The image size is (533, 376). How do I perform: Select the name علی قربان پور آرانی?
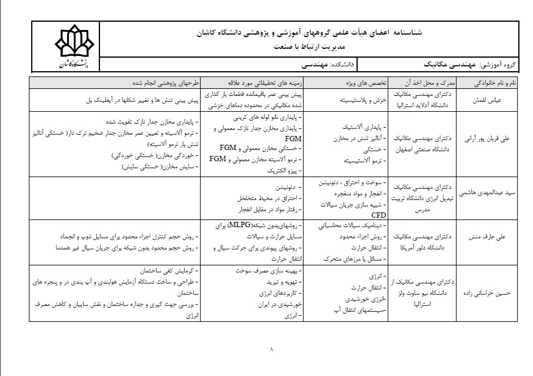pos(487,144)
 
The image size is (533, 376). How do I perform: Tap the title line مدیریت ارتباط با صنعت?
pos(310,47)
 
